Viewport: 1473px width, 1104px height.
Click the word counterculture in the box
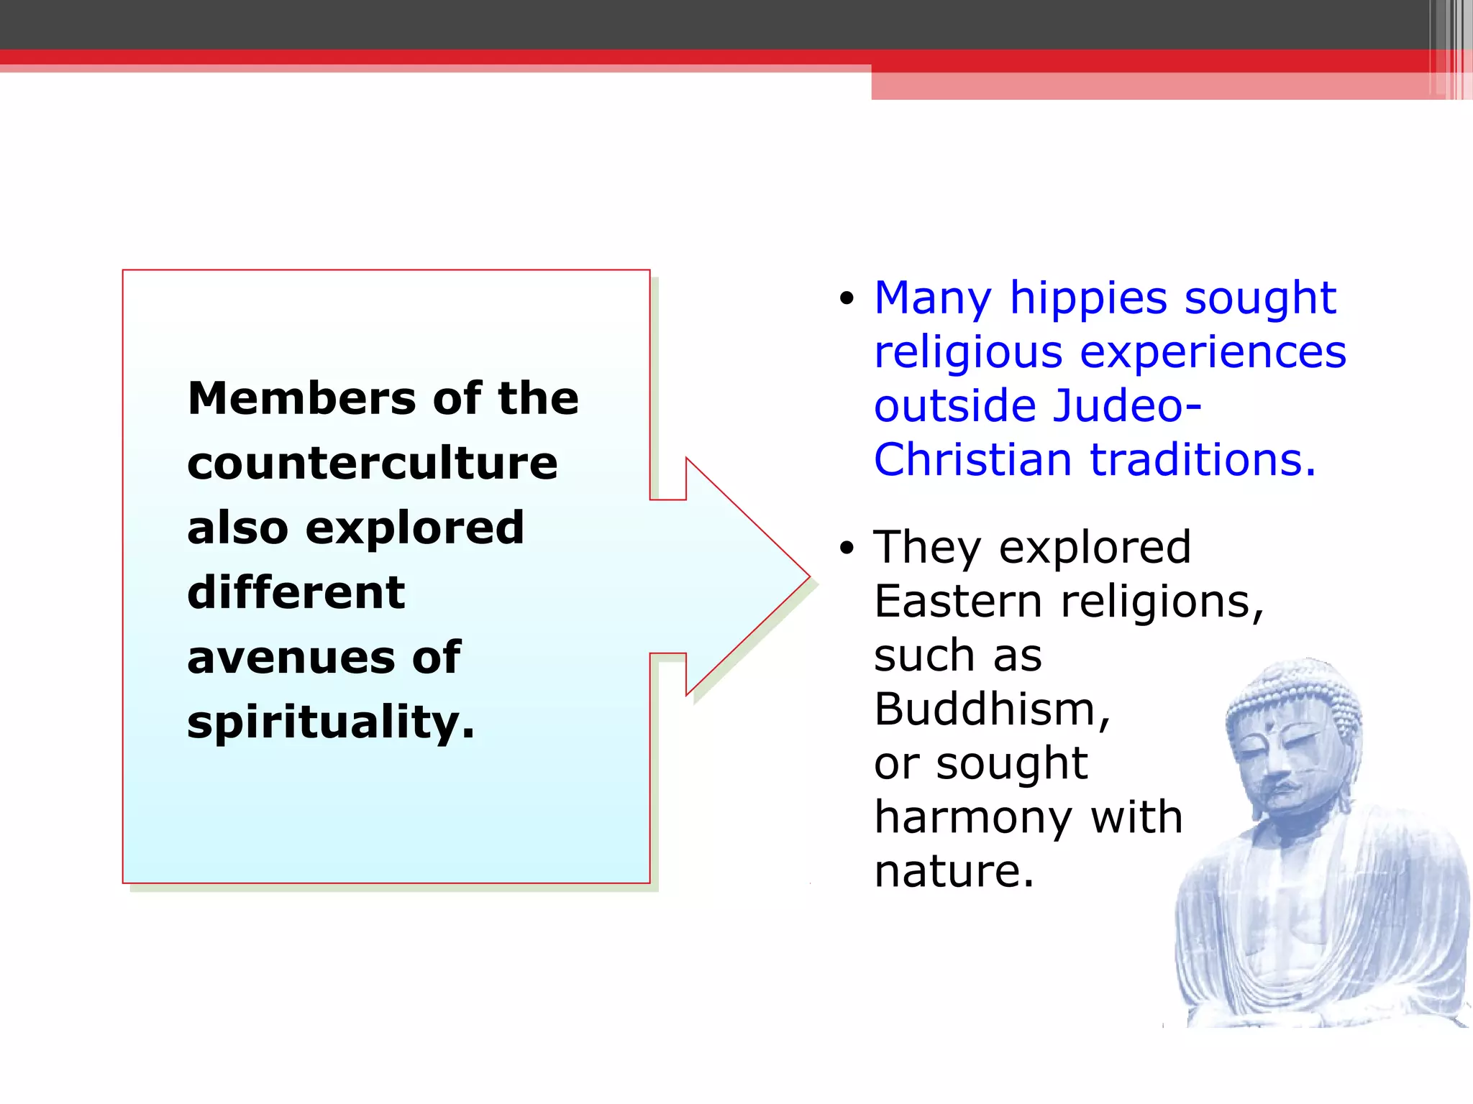click(372, 463)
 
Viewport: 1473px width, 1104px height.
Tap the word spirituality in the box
click(330, 722)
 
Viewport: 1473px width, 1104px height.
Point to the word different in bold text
click(296, 592)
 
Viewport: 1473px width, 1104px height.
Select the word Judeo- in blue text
click(1126, 406)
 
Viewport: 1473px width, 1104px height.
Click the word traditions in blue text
click(1203, 460)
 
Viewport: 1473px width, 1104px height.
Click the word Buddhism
click(992, 709)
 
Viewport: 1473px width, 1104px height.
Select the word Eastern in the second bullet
click(958, 602)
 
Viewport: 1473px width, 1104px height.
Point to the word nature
click(954, 871)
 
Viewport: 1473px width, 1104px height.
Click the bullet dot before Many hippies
click(847, 298)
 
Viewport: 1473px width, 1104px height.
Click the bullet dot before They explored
click(847, 548)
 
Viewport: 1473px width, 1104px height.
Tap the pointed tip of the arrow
click(808, 576)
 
